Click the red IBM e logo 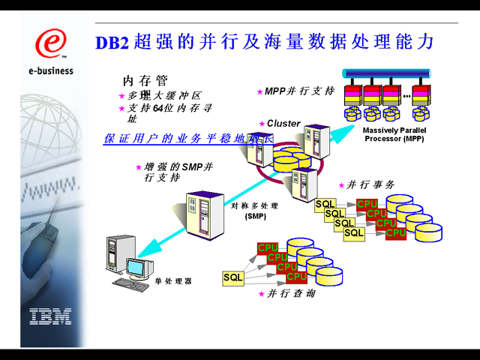coord(50,43)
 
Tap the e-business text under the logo coord(50,71)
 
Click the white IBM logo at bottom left coord(50,316)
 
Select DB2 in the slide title coord(112,43)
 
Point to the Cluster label coord(283,123)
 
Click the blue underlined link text coord(188,139)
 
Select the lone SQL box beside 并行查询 coord(234,277)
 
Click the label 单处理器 coord(173,280)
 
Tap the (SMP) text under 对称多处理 coord(255,217)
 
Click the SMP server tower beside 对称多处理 coord(205,214)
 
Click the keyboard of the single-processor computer coord(130,284)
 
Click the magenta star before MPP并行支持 coord(259,92)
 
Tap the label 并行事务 coord(370,184)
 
